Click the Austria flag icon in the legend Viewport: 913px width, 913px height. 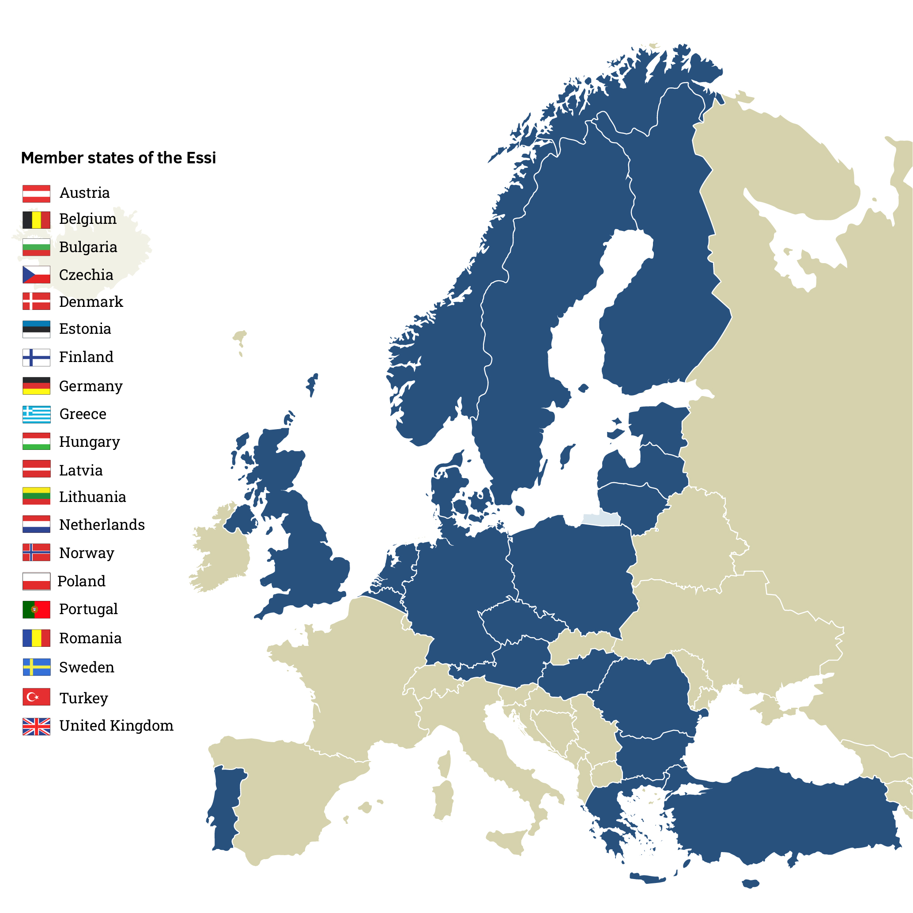pyautogui.click(x=36, y=194)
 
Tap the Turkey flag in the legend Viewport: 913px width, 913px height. pyautogui.click(x=36, y=697)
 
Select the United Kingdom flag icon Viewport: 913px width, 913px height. pyautogui.click(x=36, y=726)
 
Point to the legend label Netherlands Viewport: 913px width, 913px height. pyautogui.click(x=102, y=524)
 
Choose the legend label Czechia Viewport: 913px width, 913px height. pyautogui.click(x=86, y=275)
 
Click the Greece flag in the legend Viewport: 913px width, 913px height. pyautogui.click(x=36, y=414)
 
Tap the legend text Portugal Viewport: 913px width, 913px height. pyautogui.click(x=88, y=609)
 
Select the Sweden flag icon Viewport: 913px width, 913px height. pyautogui.click(x=36, y=667)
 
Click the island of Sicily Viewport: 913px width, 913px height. pyautogui.click(x=508, y=841)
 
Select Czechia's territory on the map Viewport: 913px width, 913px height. pyautogui.click(x=520, y=619)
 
